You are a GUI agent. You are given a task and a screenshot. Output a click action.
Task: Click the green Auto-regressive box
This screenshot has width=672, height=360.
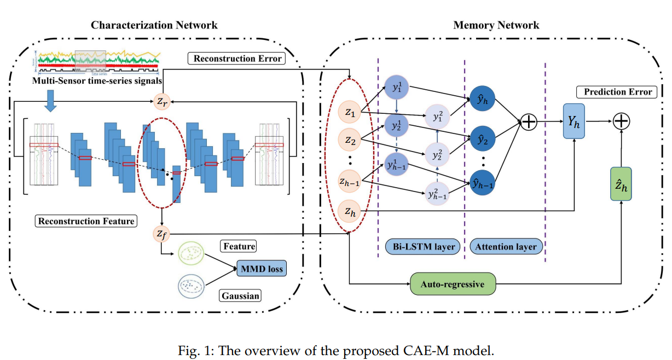click(452, 284)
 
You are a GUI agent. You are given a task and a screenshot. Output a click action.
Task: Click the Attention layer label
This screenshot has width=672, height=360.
click(507, 247)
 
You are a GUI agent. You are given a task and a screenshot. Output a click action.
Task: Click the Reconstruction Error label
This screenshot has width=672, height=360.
click(236, 59)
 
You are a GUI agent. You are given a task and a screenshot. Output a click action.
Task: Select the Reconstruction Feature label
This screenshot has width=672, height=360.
click(86, 222)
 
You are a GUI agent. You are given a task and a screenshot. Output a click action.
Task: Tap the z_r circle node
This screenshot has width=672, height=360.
click(161, 101)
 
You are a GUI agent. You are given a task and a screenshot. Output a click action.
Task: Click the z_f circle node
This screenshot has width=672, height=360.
click(161, 234)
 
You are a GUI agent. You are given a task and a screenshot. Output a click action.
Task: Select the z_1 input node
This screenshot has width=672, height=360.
click(350, 113)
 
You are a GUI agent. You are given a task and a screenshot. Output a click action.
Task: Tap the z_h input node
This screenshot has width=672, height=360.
click(350, 211)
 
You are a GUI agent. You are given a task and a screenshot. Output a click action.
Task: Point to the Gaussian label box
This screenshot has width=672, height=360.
click(241, 296)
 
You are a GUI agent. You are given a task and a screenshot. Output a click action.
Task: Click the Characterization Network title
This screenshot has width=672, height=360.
click(154, 25)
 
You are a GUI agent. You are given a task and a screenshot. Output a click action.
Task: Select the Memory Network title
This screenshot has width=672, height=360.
click(496, 25)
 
